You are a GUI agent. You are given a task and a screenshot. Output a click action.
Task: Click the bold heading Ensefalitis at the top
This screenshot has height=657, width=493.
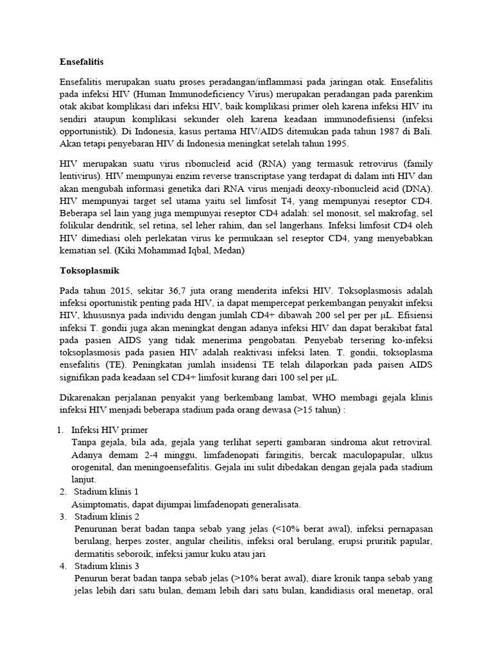pos(81,62)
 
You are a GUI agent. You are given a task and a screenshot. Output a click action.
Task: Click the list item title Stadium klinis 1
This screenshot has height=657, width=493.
pos(111,491)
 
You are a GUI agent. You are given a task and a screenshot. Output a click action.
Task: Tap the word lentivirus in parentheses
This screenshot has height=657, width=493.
pos(80,176)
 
